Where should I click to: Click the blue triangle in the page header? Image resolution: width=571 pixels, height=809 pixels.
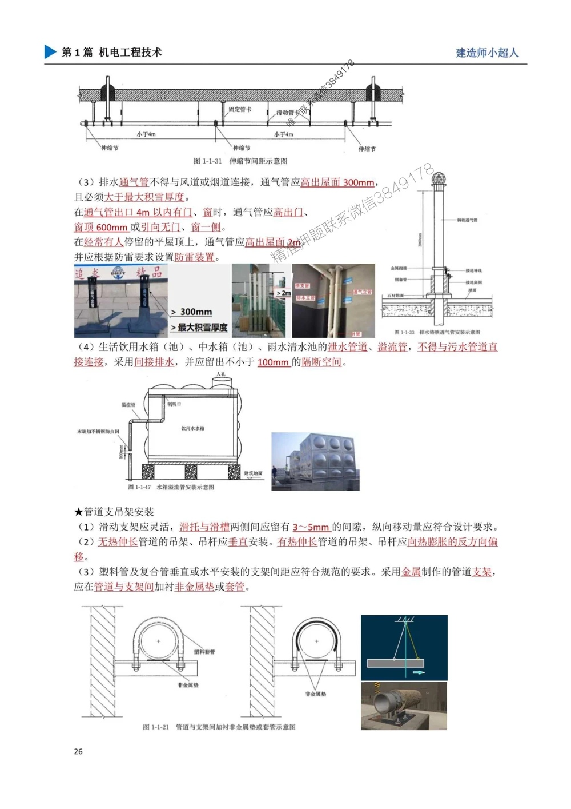tap(50, 52)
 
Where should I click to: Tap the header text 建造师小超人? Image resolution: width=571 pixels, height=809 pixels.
tap(486, 53)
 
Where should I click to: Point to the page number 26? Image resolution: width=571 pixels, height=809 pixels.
tap(78, 751)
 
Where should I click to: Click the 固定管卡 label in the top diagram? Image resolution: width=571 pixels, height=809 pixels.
tap(240, 109)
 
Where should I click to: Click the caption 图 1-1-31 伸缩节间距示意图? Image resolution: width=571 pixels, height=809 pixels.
tap(240, 161)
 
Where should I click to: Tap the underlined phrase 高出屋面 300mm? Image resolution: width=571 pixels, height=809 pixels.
tap(337, 182)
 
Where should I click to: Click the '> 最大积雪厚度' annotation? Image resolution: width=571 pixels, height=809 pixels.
tap(199, 327)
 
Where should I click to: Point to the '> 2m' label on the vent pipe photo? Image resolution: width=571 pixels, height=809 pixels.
tap(283, 293)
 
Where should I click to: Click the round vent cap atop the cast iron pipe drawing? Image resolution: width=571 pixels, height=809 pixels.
tap(438, 178)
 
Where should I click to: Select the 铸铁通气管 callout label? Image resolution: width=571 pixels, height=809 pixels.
tap(467, 220)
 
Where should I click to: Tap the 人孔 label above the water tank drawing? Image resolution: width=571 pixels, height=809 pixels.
tap(221, 374)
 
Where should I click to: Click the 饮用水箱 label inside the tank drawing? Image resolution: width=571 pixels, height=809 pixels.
tap(192, 428)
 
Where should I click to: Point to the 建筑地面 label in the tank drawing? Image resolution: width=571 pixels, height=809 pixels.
tap(253, 473)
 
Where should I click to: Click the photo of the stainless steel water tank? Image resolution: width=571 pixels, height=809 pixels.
tap(315, 461)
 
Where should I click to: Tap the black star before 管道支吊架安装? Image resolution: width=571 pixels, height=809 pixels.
tap(79, 512)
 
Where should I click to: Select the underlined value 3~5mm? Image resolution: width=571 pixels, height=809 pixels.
tap(311, 527)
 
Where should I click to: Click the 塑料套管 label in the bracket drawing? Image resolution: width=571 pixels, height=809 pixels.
tap(204, 652)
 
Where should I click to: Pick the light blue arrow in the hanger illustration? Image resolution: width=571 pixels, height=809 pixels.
tap(419, 672)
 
